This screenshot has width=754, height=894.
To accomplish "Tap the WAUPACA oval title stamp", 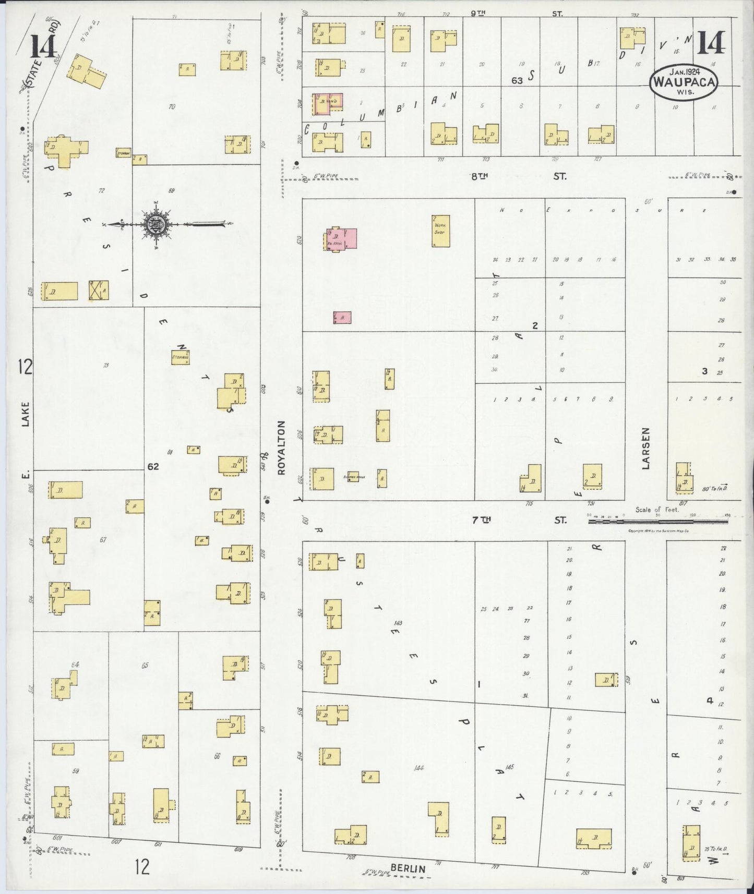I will coord(684,82).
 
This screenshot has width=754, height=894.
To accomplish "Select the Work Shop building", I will coord(440,231).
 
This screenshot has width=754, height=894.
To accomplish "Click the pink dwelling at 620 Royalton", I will coord(342,239).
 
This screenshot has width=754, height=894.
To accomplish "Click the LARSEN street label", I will coord(646,449).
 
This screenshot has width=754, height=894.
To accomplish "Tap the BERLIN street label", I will coord(408,868).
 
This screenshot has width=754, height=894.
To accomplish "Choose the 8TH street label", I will coord(478,176).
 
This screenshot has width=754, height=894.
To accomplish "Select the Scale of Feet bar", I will coord(657,521).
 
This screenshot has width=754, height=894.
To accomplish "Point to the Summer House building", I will coord(353,476).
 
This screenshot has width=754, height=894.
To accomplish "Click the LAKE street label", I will coord(26,415).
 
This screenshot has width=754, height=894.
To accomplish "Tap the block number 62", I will coord(152,466).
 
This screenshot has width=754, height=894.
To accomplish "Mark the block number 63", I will coord(517,80).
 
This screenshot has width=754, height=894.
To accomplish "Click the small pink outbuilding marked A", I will coord(342,317).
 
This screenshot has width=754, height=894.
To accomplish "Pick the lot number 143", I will coord(399,623).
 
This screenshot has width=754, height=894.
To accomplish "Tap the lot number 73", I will coord(106,365).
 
